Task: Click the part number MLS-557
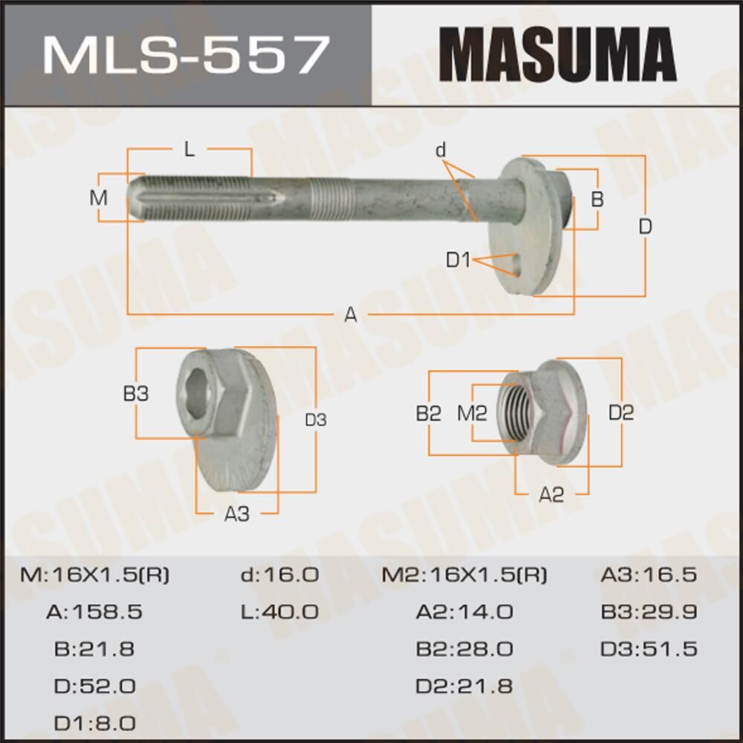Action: click(185, 53)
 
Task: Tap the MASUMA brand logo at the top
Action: click(557, 53)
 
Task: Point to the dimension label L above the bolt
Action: click(189, 149)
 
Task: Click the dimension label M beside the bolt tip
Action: click(98, 198)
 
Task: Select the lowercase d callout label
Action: click(441, 151)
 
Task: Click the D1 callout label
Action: click(458, 260)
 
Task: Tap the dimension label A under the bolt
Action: click(350, 315)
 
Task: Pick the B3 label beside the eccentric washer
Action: click(135, 394)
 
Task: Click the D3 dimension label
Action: click(316, 420)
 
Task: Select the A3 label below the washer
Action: click(236, 513)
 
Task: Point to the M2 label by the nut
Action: click(471, 413)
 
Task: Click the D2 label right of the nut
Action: click(621, 413)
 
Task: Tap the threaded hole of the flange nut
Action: click(521, 411)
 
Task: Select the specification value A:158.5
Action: click(94, 612)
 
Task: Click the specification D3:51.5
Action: click(649, 649)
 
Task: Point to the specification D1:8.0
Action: click(94, 722)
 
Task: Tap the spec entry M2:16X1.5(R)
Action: click(464, 575)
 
